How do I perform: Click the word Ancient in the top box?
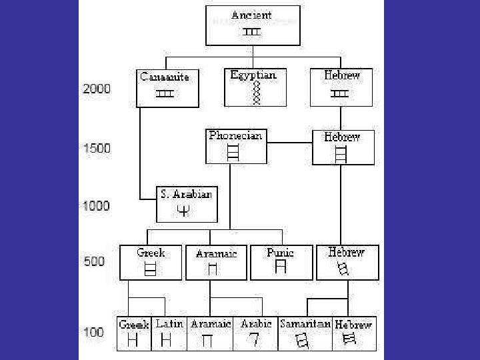click(x=252, y=14)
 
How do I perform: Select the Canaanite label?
click(x=164, y=77)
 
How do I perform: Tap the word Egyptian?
click(x=253, y=75)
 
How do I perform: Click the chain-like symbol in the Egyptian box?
click(x=254, y=93)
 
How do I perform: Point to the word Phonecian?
click(x=235, y=135)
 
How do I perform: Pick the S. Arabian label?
click(x=186, y=195)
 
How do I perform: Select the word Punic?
click(x=280, y=253)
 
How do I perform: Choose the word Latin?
click(x=170, y=324)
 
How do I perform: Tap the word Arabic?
click(x=256, y=324)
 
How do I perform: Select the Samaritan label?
click(x=304, y=324)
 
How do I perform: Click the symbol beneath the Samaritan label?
click(x=303, y=341)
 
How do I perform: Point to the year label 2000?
click(x=97, y=89)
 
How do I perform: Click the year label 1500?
click(x=97, y=149)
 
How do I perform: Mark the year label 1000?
click(x=97, y=205)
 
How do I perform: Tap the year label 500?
click(x=95, y=261)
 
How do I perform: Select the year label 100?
click(x=94, y=332)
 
